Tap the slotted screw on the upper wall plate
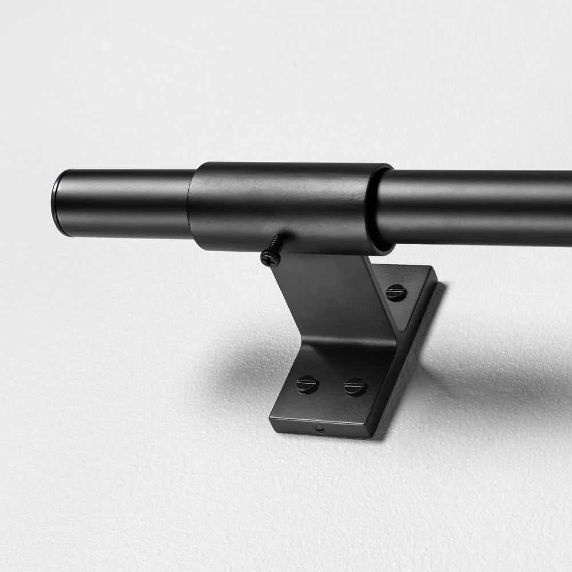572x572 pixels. (395, 292)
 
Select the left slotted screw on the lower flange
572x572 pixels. (308, 384)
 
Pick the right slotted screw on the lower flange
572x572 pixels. (355, 387)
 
